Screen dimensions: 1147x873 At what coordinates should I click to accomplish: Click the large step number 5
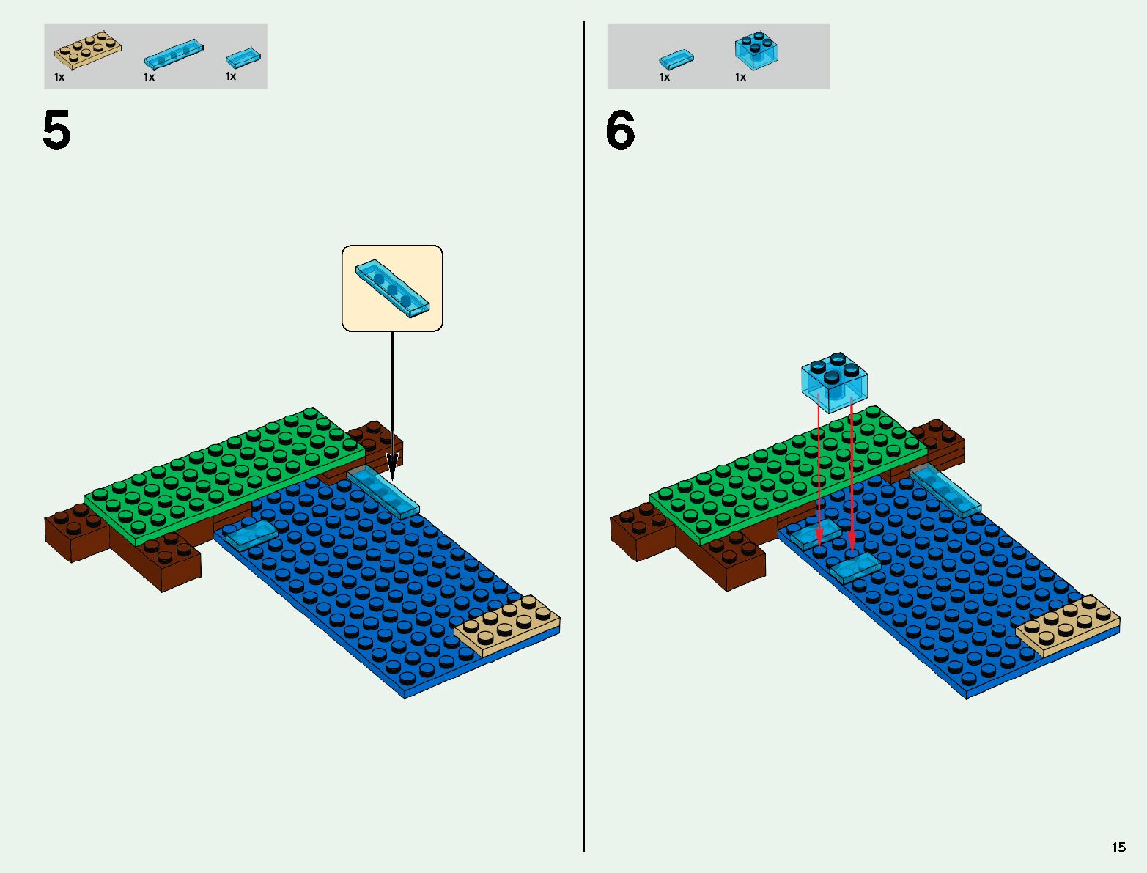56,131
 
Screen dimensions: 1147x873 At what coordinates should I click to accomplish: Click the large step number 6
620,131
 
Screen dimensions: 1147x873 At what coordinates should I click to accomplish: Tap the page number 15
1118,847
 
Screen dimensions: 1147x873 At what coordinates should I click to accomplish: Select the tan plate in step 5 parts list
87,51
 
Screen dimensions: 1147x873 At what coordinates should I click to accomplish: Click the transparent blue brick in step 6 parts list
756,51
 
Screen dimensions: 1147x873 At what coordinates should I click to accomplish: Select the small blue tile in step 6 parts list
676,59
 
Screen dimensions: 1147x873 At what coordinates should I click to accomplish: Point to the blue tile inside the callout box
392,289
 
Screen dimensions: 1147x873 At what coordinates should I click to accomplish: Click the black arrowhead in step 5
392,466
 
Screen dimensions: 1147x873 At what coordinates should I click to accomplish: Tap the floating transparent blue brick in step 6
835,382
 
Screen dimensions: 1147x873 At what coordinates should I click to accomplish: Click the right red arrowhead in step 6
851,542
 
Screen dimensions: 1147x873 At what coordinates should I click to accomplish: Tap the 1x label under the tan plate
59,77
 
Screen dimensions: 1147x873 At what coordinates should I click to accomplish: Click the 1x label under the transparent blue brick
740,77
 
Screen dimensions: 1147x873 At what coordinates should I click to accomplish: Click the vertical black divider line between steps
583,440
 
